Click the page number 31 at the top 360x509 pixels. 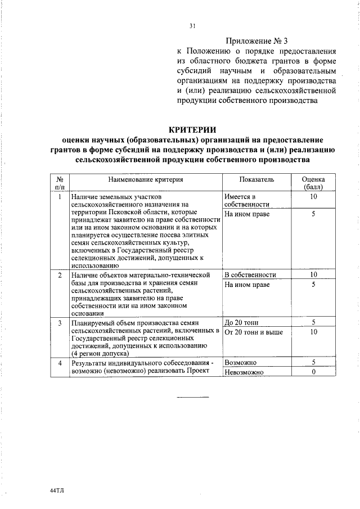(x=192, y=25)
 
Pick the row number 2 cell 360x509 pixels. (x=60, y=275)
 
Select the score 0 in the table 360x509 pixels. (x=313, y=372)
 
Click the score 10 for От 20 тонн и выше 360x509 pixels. (x=313, y=332)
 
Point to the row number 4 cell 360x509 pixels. (x=60, y=363)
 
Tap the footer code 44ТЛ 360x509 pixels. (x=57, y=490)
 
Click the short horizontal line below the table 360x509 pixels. (x=192, y=397)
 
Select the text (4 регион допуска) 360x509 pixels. (x=98, y=350)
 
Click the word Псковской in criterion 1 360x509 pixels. (x=119, y=212)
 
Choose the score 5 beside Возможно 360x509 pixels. (x=313, y=363)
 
